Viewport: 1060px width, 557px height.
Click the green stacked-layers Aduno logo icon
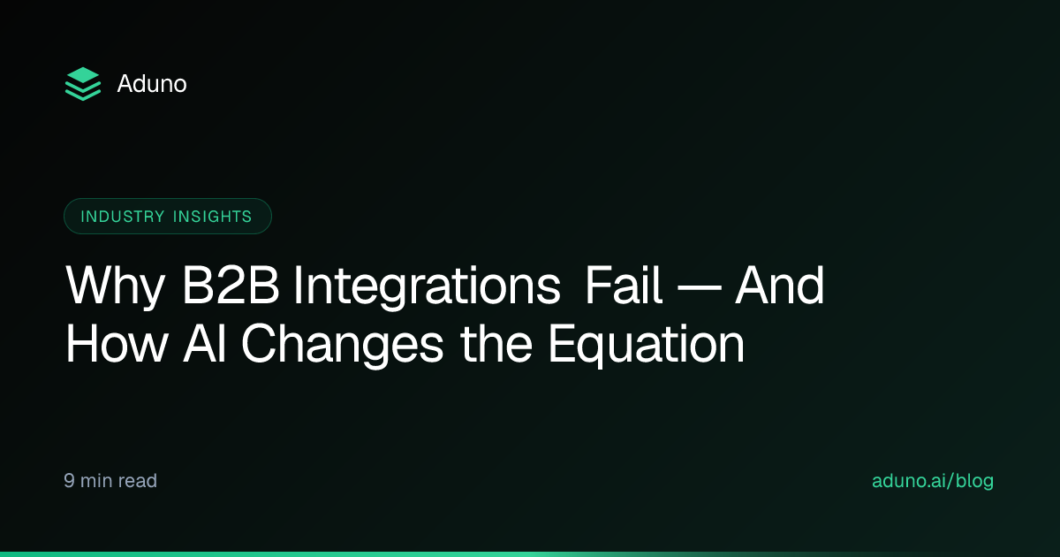(x=83, y=84)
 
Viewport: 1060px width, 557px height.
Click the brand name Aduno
(x=152, y=84)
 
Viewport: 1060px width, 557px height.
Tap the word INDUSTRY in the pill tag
(x=123, y=217)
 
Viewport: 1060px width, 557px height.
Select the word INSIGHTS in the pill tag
(x=213, y=217)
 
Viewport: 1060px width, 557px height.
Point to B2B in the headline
(x=231, y=285)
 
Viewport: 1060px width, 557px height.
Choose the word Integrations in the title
(x=428, y=287)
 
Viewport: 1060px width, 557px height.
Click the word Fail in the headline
(x=624, y=285)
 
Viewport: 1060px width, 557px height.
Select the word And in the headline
(x=779, y=285)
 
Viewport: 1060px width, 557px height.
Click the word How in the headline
(x=117, y=343)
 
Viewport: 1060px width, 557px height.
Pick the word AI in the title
(x=204, y=343)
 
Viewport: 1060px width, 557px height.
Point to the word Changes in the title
(x=343, y=345)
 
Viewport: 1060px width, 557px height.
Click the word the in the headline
(x=496, y=343)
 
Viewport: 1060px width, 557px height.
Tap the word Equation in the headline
(x=647, y=345)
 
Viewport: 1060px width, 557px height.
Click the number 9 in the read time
(x=69, y=480)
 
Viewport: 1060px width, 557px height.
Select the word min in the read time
(x=96, y=481)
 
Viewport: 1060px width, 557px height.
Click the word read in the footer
(x=138, y=481)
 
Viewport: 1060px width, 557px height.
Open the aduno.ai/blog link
(x=933, y=481)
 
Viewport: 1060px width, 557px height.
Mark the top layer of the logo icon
(x=83, y=75)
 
